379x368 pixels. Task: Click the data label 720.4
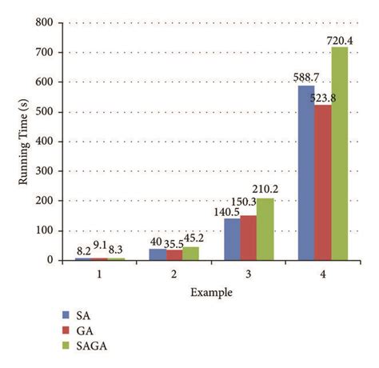point(341,38)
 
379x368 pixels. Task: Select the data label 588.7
point(305,78)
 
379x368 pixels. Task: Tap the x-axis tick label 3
point(248,275)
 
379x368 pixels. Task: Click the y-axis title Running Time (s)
point(24,141)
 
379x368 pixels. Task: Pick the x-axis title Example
point(211,292)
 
